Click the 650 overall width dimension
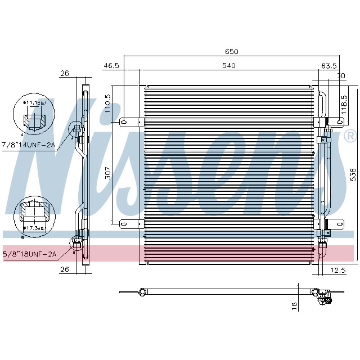coord(232,52)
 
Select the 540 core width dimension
coord(228,66)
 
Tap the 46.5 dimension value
coord(111,66)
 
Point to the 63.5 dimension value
coord(328,66)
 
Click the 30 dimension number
coord(340,75)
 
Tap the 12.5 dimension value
coord(337,271)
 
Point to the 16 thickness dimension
coord(294,306)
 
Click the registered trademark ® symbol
coord(349,136)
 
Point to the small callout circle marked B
coord(74,243)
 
